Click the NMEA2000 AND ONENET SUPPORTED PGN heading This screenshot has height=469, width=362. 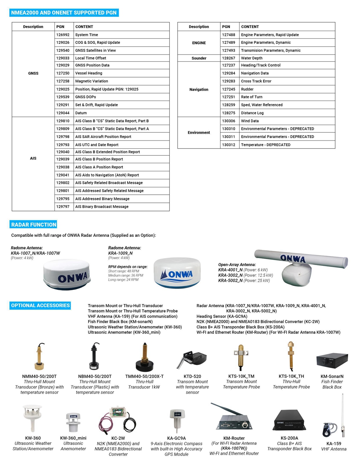coord(64,13)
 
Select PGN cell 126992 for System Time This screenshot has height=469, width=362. coord(63,35)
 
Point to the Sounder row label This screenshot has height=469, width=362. coord(199,58)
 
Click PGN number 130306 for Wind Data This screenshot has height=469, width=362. coord(228,121)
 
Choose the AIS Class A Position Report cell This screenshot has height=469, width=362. coord(99,167)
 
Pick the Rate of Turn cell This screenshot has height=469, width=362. coord(252,97)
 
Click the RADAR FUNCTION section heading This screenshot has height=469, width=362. coord(34,224)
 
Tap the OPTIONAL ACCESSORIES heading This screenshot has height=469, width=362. coord(40,305)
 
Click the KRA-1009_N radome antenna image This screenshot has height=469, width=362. coord(177,273)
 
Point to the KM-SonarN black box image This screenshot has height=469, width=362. coord(332,361)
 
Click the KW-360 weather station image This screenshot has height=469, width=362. coord(33,418)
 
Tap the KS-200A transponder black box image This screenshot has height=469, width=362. coord(289,421)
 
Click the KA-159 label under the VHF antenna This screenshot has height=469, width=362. coord(334,444)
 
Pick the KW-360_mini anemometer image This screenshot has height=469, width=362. coord(73,422)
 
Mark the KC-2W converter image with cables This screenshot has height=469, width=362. coord(117,421)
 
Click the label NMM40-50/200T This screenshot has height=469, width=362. coord(39,376)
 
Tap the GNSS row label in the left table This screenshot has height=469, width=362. coord(33,73)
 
